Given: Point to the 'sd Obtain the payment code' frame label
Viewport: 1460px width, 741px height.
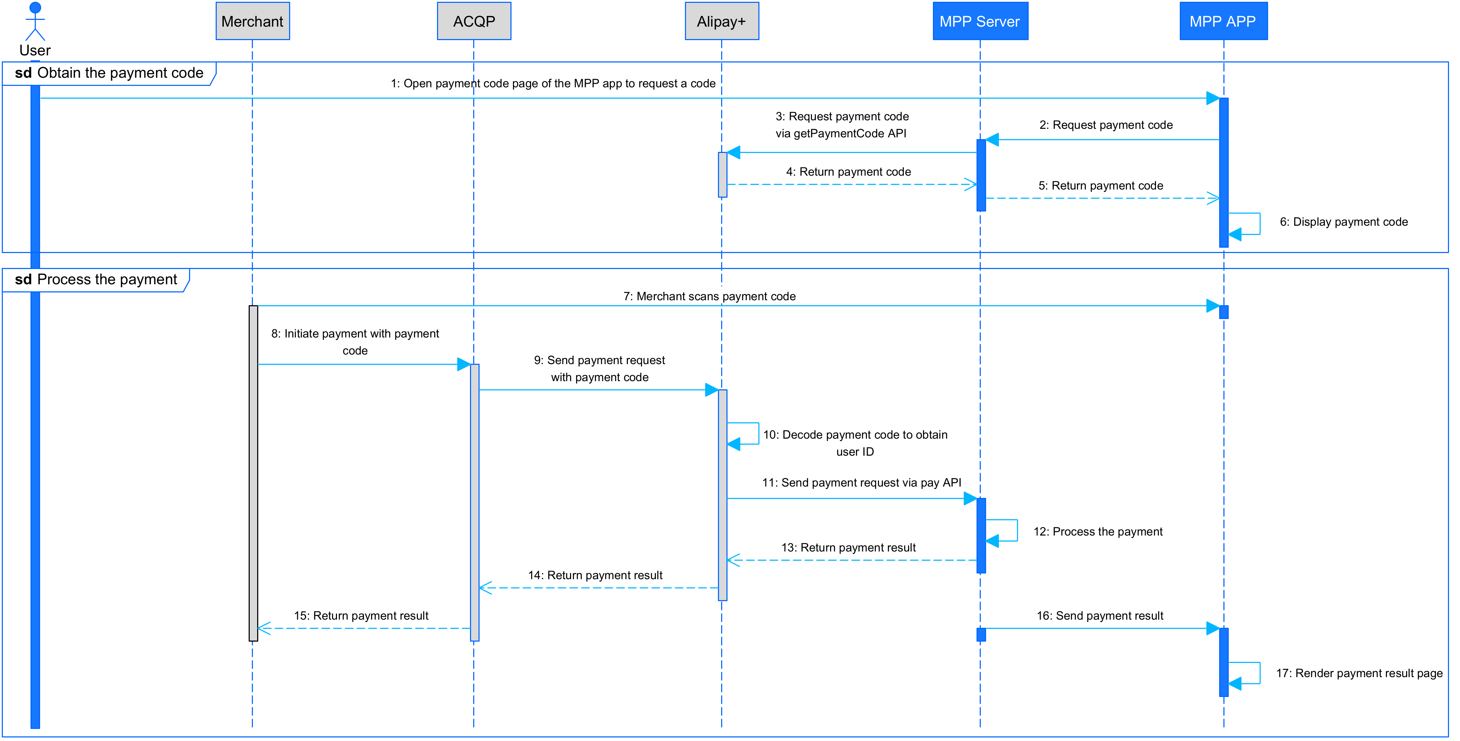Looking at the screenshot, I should coord(109,73).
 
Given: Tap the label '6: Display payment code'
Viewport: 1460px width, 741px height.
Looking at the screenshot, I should coord(1343,222).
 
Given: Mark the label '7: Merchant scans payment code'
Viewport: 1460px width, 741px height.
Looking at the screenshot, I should coord(709,297).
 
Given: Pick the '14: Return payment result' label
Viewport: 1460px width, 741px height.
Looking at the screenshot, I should coord(595,576).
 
